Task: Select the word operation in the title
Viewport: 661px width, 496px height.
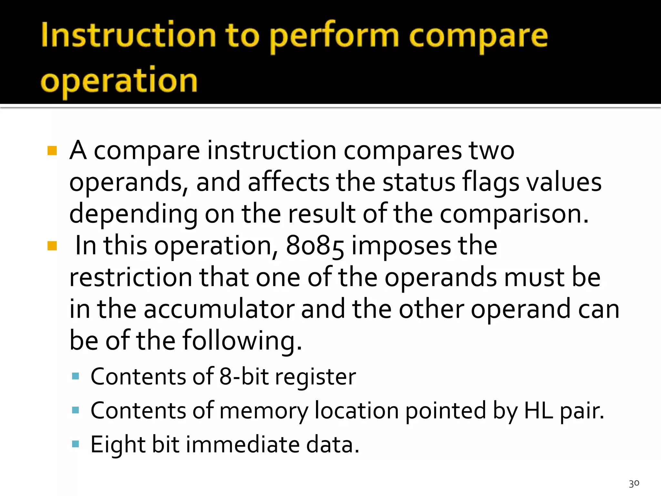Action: click(119, 81)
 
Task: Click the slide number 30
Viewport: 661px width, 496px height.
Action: click(634, 483)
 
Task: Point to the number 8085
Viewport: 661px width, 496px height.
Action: click(315, 246)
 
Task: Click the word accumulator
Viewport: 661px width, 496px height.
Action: click(219, 309)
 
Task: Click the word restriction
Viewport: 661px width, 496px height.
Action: click(131, 277)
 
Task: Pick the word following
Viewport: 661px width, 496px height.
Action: click(242, 340)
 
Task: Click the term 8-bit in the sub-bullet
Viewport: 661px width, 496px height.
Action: click(244, 377)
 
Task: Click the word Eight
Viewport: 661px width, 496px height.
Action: click(118, 445)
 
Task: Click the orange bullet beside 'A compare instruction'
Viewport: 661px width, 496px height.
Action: click(52, 151)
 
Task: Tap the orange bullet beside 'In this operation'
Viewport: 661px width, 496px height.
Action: click(52, 246)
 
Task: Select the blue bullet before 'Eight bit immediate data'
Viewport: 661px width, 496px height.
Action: click(76, 444)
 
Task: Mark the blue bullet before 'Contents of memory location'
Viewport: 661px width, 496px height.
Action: click(76, 410)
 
